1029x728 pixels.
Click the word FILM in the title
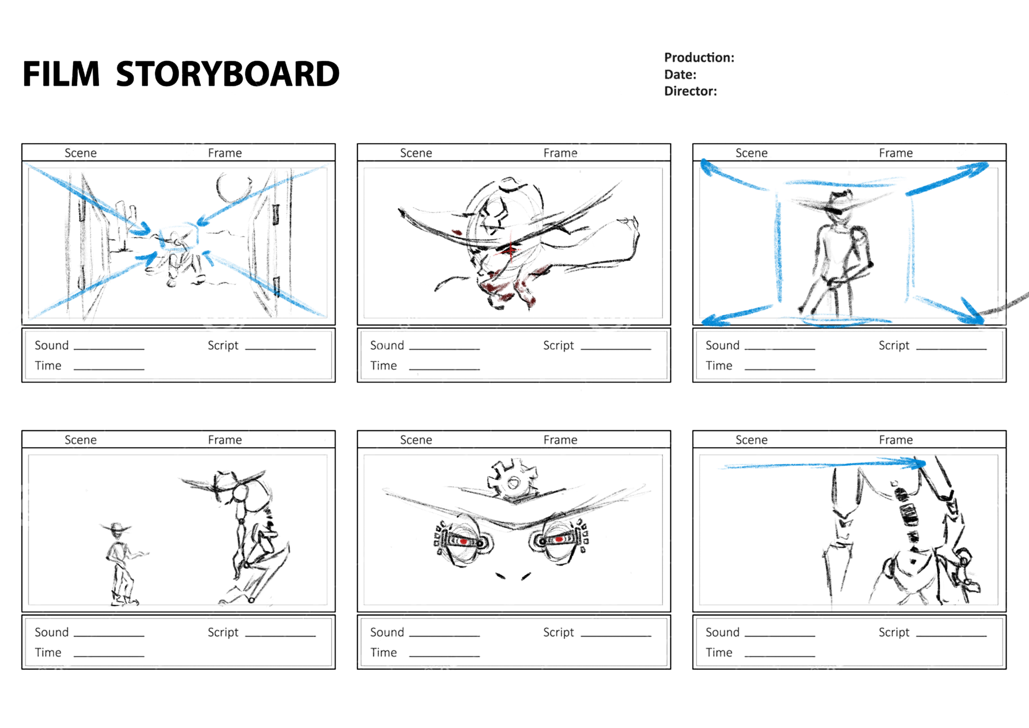pyautogui.click(x=61, y=74)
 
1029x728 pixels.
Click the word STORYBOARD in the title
pyautogui.click(x=228, y=74)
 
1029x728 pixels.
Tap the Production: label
pyautogui.click(x=699, y=58)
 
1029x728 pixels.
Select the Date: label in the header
pyautogui.click(x=680, y=74)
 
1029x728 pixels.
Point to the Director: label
pyautogui.click(x=690, y=91)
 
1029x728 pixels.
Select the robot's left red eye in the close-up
pyautogui.click(x=463, y=541)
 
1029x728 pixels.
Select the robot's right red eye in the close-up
pyautogui.click(x=559, y=539)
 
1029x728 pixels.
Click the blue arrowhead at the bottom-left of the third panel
pyautogui.click(x=713, y=320)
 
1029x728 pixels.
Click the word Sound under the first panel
pyautogui.click(x=51, y=345)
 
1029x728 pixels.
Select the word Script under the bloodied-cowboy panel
pyautogui.click(x=558, y=345)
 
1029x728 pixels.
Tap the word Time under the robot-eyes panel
pyautogui.click(x=383, y=653)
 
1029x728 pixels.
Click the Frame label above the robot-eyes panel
pyautogui.click(x=560, y=440)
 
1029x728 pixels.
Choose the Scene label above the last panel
pyautogui.click(x=752, y=440)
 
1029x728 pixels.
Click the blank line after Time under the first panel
pyautogui.click(x=109, y=370)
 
